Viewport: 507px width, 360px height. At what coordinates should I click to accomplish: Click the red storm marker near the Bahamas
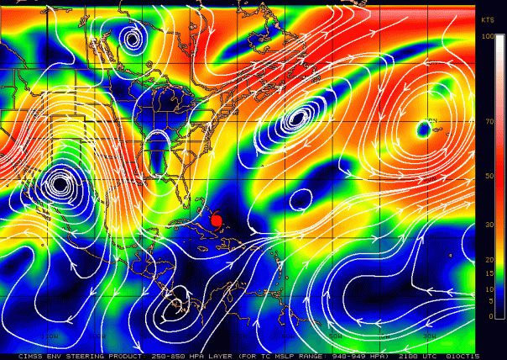point(216,220)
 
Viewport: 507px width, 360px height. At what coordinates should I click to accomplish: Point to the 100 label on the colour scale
point(488,37)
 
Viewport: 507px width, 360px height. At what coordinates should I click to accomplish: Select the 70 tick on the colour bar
point(489,122)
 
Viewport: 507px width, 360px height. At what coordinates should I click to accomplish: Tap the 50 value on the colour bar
point(489,176)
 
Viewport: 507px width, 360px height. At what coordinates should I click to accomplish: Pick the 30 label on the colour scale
point(489,225)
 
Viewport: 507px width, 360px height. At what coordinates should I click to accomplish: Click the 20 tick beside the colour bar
point(489,259)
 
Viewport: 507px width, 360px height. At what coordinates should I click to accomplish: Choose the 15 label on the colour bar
point(489,275)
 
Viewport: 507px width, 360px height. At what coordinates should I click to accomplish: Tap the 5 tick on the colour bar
point(490,302)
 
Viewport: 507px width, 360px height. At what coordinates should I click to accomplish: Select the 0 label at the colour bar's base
point(490,315)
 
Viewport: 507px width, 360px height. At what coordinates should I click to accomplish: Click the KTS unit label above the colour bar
point(488,19)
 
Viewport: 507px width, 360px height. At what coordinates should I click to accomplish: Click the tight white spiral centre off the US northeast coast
point(295,119)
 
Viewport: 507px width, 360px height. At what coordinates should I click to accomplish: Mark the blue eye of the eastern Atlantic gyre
point(422,129)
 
